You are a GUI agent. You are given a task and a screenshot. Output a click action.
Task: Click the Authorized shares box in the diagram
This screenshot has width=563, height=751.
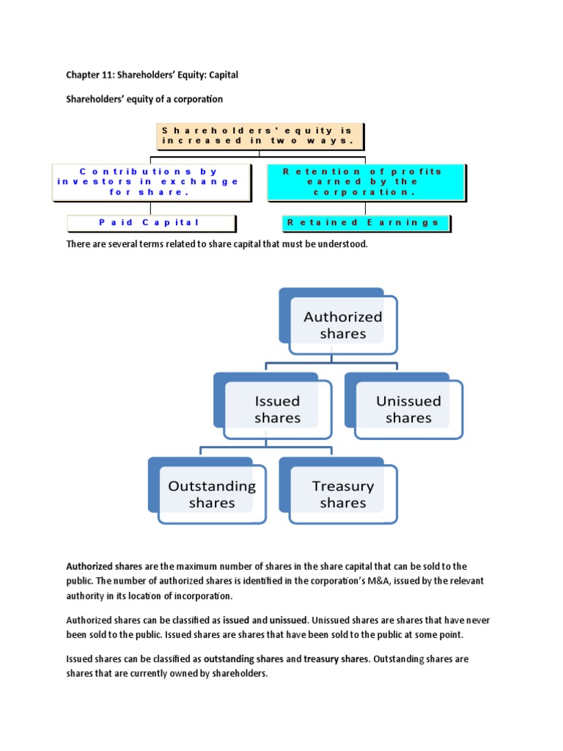[x=342, y=326]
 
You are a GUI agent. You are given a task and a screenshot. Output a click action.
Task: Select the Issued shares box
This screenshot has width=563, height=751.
[x=277, y=410]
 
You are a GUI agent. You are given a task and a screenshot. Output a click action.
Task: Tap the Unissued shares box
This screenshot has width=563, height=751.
[x=408, y=410]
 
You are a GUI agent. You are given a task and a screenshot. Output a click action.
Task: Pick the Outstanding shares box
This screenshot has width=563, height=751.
[x=211, y=494]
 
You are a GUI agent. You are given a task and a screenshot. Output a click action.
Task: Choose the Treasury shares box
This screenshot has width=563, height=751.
[x=342, y=494]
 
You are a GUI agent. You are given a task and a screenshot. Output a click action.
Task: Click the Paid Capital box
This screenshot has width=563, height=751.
[x=150, y=222]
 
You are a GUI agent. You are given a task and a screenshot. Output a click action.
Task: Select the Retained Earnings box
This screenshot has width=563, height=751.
[x=365, y=222]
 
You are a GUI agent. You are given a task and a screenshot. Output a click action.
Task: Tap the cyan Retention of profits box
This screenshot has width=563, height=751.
[x=365, y=182]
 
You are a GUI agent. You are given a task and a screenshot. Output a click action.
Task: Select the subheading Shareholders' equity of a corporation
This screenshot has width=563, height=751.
[x=144, y=99]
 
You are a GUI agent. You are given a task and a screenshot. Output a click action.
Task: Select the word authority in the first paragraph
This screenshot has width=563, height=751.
[x=87, y=595]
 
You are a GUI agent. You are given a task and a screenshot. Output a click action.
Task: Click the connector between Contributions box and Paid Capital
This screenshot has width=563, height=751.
[x=150, y=208]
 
